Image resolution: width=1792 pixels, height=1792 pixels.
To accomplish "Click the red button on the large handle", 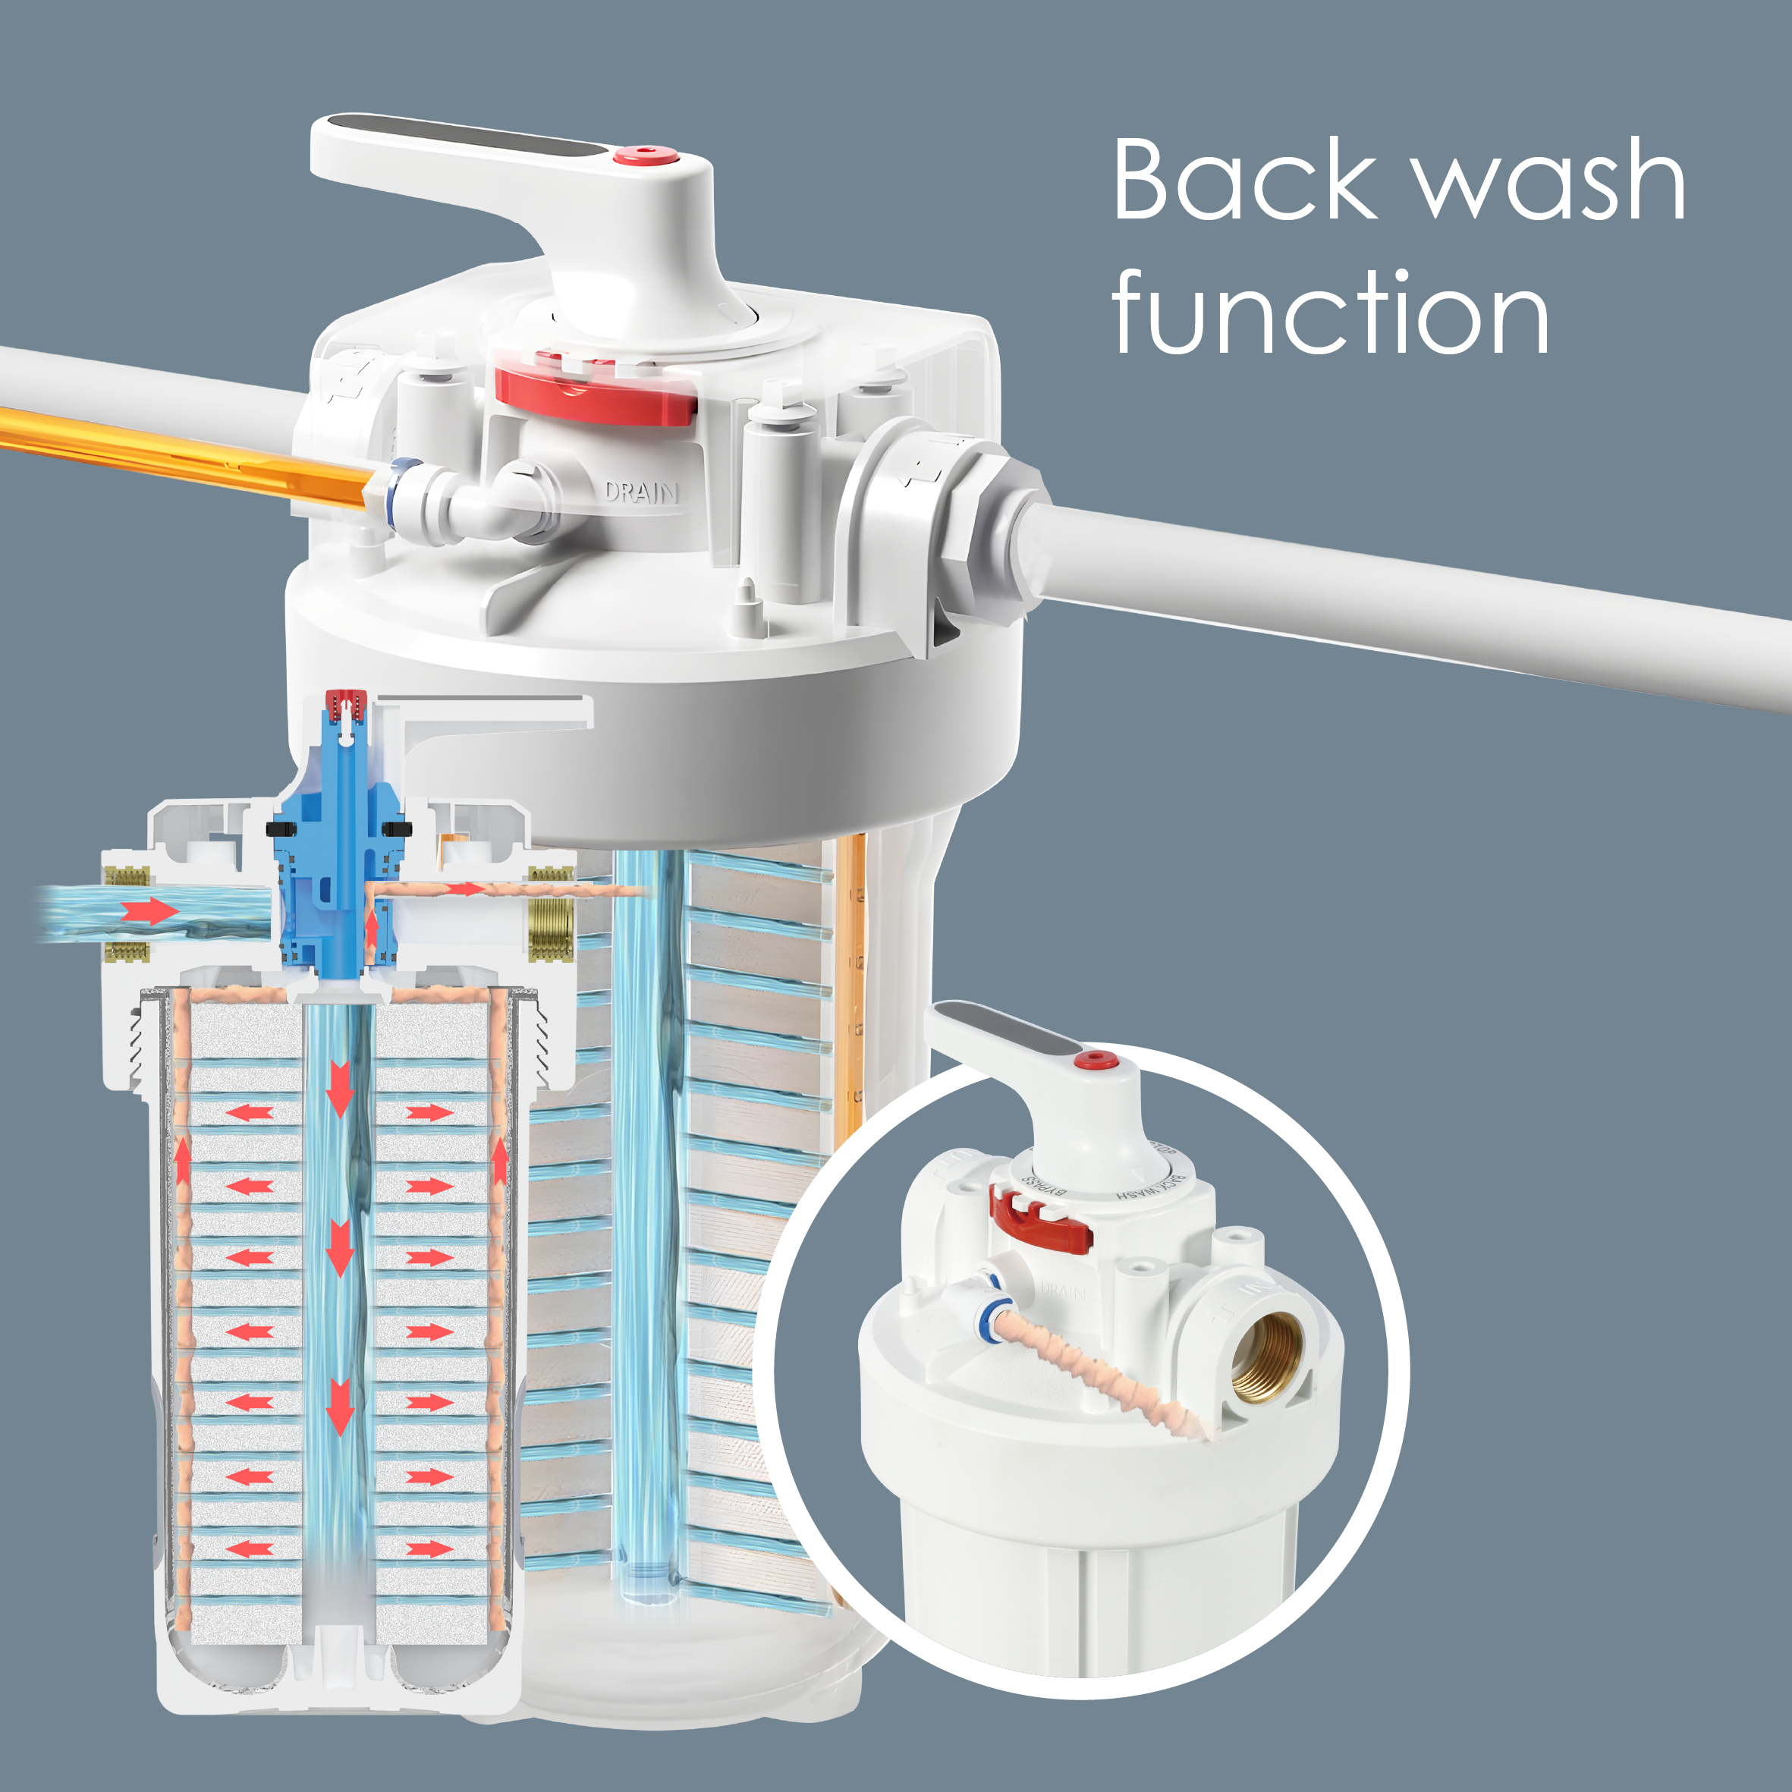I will pyautogui.click(x=646, y=154).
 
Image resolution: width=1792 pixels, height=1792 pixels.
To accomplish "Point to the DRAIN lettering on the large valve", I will pyautogui.click(x=642, y=492).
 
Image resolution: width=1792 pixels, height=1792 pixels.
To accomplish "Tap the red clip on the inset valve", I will pyautogui.click(x=1039, y=1220).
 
